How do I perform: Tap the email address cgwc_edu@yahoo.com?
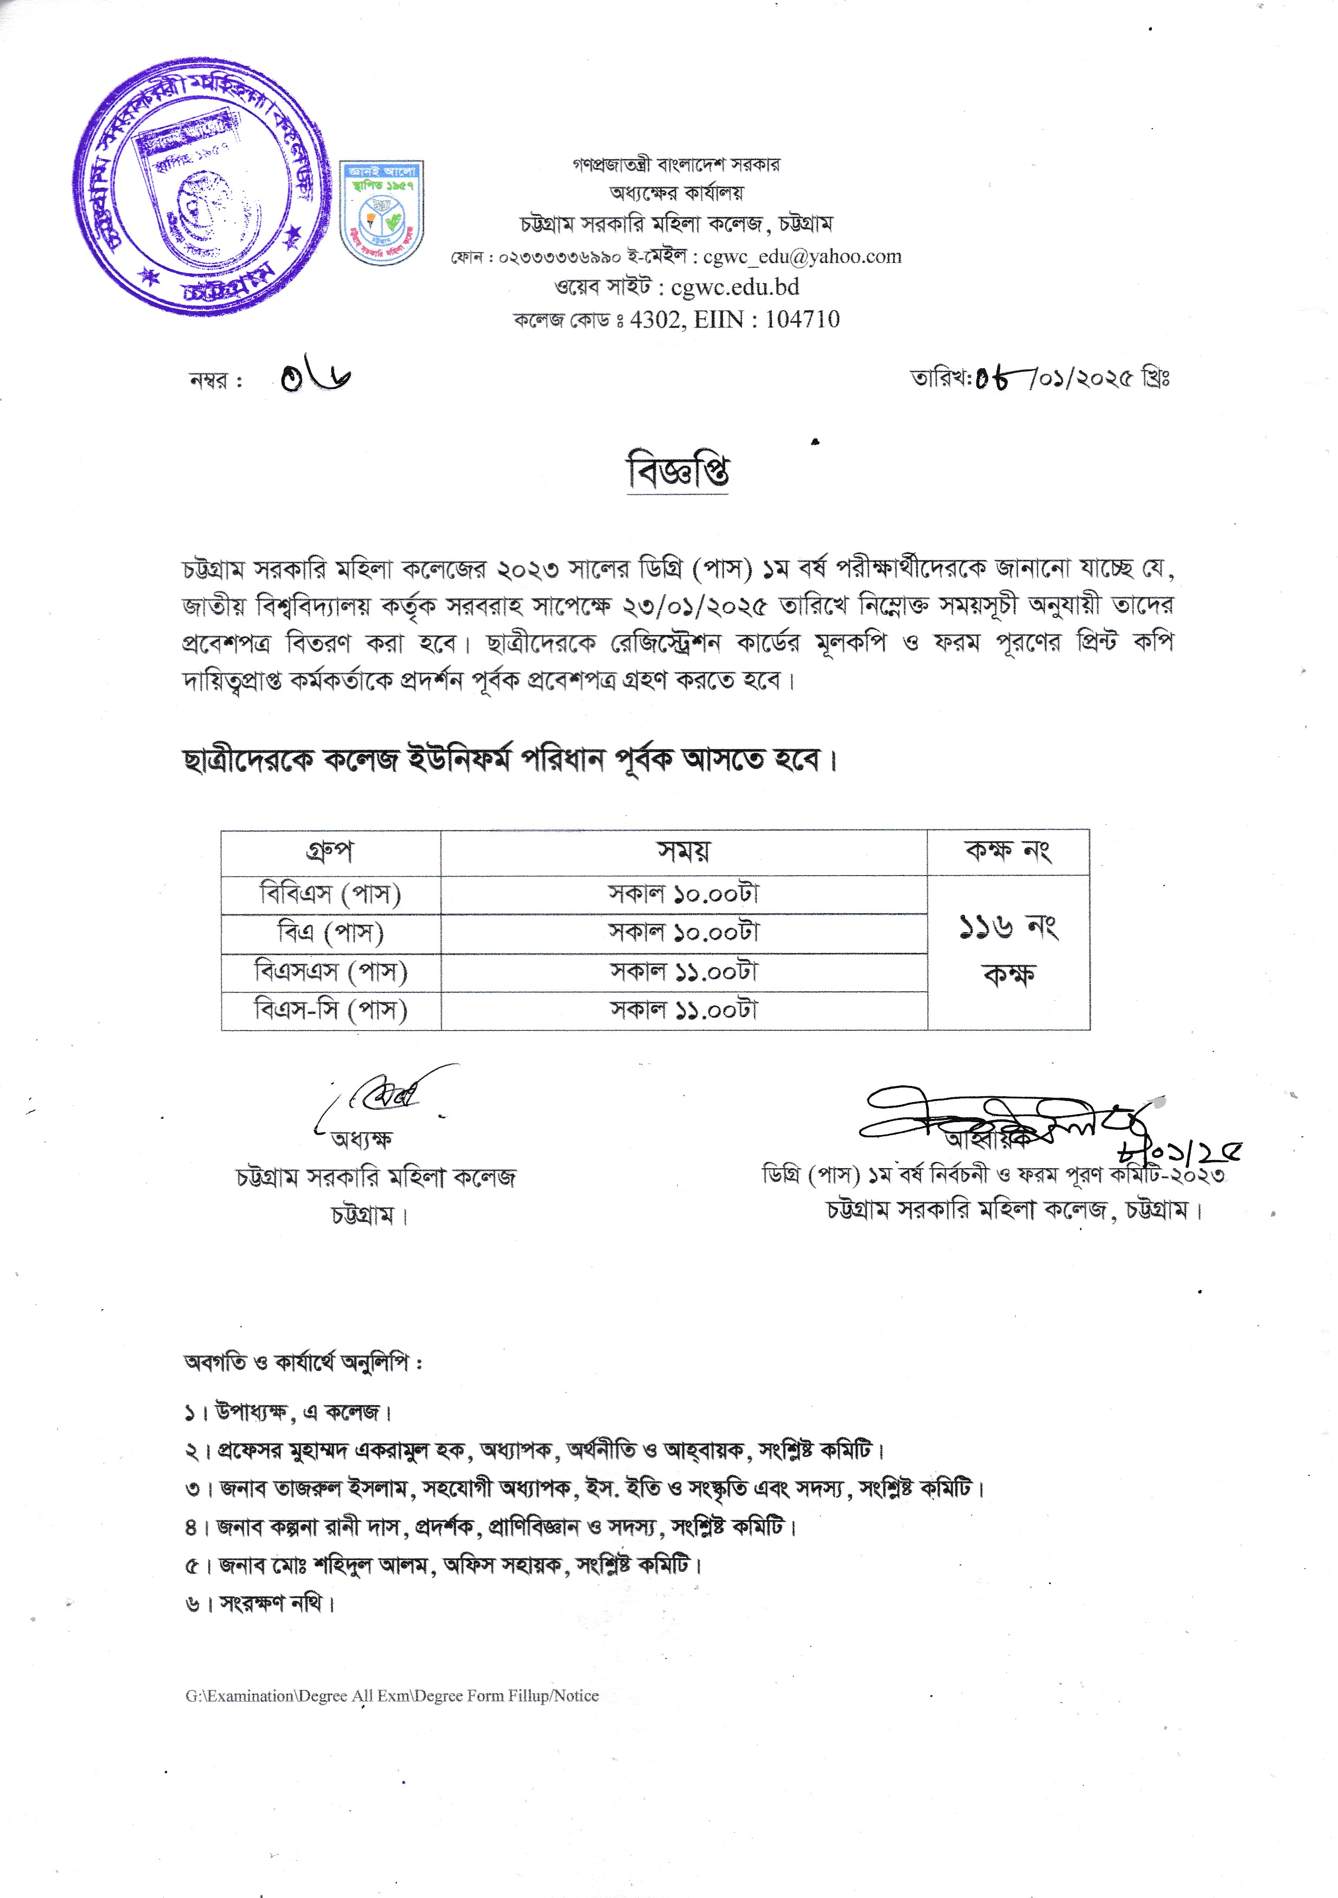(x=802, y=257)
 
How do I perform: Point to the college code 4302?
(x=657, y=320)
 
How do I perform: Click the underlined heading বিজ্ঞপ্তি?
(x=677, y=472)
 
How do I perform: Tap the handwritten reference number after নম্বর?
(x=315, y=379)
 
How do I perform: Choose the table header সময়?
(x=683, y=852)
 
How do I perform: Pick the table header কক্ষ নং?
(x=1007, y=852)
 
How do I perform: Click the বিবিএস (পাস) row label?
(x=330, y=894)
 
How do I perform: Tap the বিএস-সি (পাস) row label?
(x=330, y=1010)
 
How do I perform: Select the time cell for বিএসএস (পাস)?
(x=683, y=972)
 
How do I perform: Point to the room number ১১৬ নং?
(x=1007, y=927)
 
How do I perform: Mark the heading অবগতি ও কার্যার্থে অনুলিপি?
(x=303, y=1363)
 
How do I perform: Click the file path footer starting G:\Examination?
(x=392, y=1696)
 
